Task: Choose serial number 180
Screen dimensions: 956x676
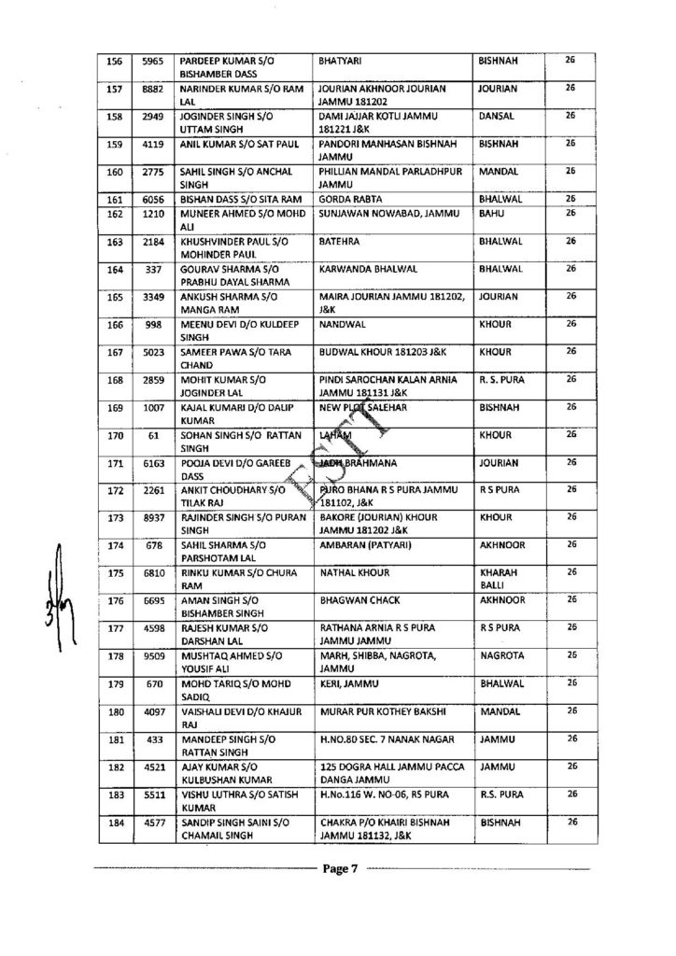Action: pos(117,715)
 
